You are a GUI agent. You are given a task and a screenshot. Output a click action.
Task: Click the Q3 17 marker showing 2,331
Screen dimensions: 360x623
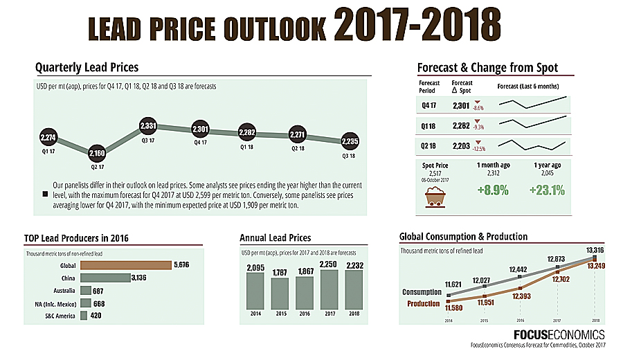coord(148,127)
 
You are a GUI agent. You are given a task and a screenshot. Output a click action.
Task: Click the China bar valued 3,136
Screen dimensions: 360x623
coord(105,278)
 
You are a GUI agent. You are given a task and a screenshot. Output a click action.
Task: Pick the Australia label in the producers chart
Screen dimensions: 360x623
coord(62,291)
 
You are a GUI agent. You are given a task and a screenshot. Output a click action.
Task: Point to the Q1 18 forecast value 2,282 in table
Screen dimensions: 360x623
coord(461,126)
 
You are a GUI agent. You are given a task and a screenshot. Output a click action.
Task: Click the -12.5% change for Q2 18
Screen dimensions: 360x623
coord(478,149)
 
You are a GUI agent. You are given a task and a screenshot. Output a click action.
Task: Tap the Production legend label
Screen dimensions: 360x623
coord(423,303)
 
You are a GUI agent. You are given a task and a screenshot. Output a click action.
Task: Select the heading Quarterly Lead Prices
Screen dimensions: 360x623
coord(87,67)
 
